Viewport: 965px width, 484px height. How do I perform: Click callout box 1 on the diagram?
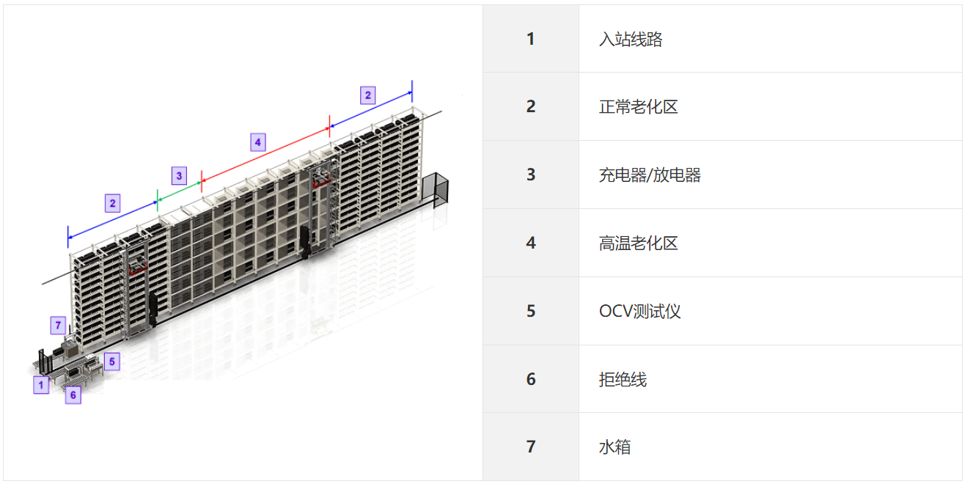coord(41,385)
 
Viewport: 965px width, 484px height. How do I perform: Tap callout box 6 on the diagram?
coord(73,395)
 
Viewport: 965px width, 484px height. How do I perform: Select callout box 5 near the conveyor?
coord(112,362)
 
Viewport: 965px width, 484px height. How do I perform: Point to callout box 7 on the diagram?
coord(58,325)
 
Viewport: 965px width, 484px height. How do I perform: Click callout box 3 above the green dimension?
coord(179,175)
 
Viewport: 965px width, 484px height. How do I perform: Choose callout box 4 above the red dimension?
coord(258,142)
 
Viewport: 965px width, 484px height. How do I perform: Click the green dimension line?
coord(179,191)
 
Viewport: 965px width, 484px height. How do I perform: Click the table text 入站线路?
coord(631,39)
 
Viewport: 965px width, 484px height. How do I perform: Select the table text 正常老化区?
coord(639,107)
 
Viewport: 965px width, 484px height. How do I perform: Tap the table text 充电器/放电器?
coord(650,175)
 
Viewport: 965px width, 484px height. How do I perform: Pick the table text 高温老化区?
coord(639,243)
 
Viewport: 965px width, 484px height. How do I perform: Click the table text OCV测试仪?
coord(639,311)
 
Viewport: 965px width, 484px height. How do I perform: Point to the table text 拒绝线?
coord(623,379)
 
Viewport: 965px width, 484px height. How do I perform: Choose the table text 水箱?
coord(614,447)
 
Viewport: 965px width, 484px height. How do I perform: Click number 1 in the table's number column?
coord(531,39)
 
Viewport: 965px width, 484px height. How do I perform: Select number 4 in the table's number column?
coord(531,243)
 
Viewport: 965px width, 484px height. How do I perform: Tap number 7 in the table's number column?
coord(531,447)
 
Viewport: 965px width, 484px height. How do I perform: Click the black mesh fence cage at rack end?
coord(436,190)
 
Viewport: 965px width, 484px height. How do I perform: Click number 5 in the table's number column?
coord(531,311)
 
